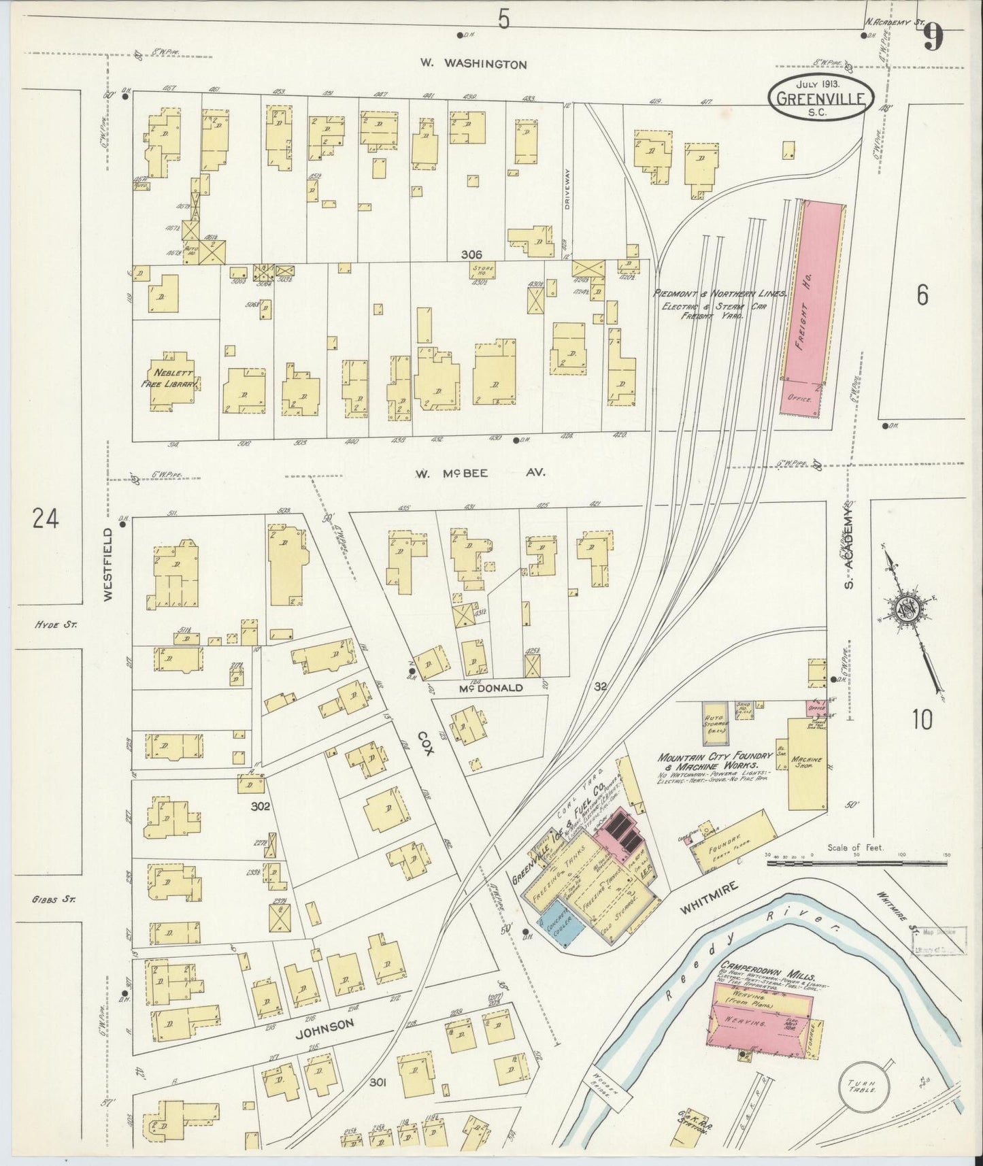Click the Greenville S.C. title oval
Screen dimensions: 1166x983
pos(820,99)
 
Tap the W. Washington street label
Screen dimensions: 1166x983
pos(473,64)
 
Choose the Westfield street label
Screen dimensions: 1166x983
pos(109,565)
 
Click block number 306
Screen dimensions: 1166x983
pos(471,254)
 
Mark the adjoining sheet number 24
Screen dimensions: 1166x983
pos(45,519)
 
